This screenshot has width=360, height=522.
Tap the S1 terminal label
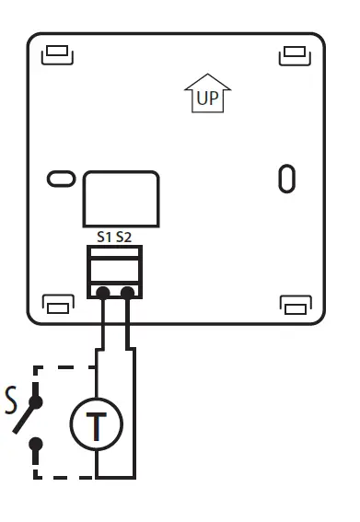point(104,238)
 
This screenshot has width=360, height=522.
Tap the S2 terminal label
point(124,238)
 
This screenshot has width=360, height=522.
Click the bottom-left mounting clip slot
point(58,304)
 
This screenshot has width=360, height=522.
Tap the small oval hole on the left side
point(61,178)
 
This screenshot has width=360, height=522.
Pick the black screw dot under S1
point(103,293)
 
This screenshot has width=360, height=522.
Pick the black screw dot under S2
point(128,293)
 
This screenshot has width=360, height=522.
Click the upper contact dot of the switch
point(37,401)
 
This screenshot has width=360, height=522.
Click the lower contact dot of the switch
point(37,445)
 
